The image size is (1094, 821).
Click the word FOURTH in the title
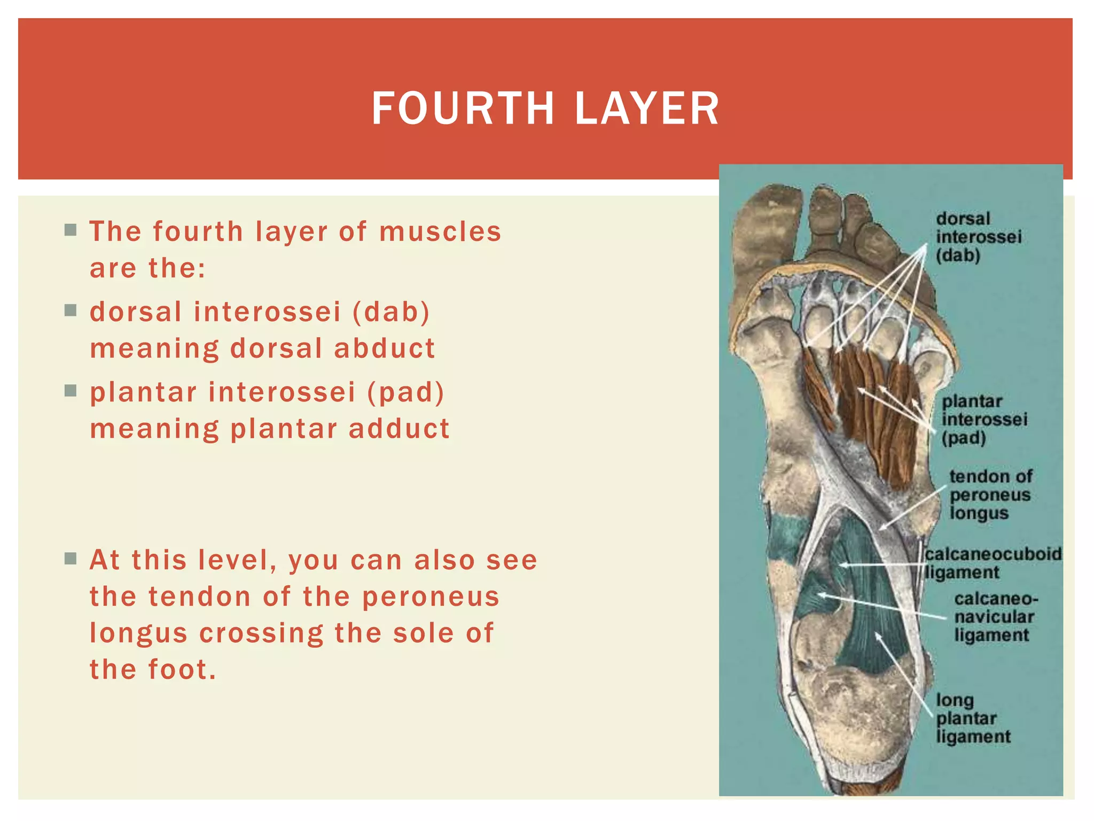463,109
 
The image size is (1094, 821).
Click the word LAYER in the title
647,109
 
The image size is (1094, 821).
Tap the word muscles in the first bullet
440,231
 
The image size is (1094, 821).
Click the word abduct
385,348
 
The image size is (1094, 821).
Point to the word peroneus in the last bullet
431,597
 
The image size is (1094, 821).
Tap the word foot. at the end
182,669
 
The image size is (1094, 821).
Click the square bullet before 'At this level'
71,559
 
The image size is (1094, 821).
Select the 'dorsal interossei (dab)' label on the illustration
978,237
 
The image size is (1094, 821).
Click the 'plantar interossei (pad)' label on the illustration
983,420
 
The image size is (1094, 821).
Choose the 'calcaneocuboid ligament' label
993,563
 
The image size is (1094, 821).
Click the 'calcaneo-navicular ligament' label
994,617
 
